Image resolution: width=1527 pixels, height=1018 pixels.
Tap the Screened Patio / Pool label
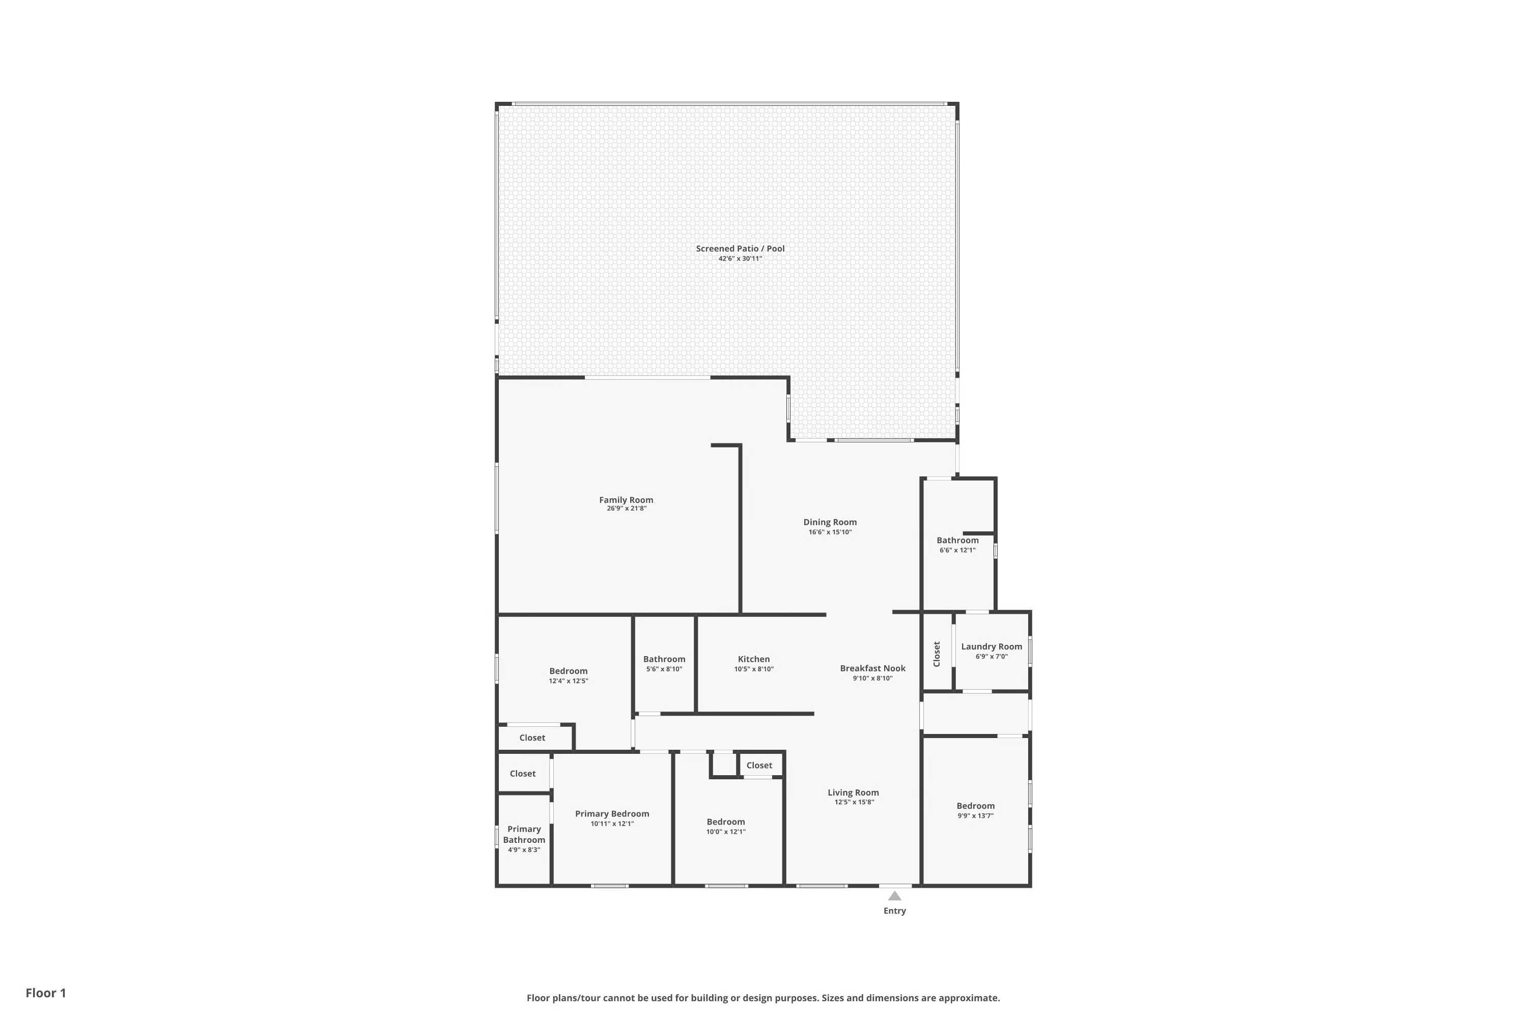(x=740, y=249)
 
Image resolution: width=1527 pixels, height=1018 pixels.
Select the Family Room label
(x=626, y=500)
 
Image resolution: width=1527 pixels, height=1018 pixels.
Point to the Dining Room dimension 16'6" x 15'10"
(x=830, y=532)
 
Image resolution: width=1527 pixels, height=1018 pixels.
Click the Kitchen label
(x=754, y=659)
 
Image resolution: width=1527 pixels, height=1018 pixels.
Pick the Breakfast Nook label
(x=872, y=668)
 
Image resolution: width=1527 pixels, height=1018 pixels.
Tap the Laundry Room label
(x=992, y=646)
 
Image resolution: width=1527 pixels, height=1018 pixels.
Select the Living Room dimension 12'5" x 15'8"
(x=854, y=803)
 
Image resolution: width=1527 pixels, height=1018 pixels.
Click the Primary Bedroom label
(x=612, y=813)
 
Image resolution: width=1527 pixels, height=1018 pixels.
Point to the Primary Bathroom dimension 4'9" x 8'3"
(x=524, y=850)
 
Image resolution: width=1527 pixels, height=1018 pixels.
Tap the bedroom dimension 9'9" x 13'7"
(x=975, y=816)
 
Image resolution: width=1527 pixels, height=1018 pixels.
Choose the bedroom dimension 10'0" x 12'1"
(x=726, y=832)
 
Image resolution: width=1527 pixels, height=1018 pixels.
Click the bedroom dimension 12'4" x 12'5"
(x=568, y=681)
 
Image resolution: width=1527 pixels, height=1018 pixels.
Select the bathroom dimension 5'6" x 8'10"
(x=664, y=669)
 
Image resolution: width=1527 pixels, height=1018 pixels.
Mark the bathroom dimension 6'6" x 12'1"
(x=957, y=551)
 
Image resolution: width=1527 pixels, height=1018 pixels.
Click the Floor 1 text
(x=45, y=993)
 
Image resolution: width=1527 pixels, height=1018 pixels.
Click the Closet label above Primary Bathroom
(x=523, y=773)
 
